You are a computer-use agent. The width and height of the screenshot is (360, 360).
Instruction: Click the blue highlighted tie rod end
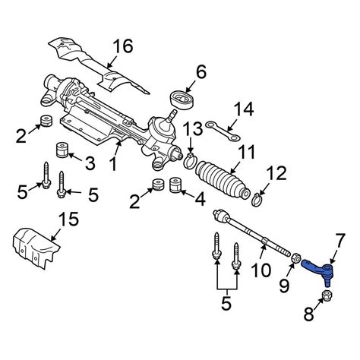click(x=320, y=267)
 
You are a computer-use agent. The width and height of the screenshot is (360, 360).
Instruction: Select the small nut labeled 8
click(x=327, y=295)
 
